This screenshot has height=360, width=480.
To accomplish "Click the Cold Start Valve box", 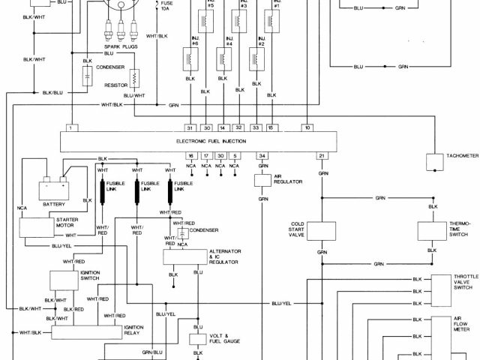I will pos(322,230).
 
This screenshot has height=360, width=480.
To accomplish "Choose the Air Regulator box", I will pos(263,181).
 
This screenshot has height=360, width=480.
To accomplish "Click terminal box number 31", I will pos(190,127).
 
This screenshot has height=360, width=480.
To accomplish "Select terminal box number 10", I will pos(307,127).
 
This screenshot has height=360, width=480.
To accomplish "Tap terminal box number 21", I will pos(322,155).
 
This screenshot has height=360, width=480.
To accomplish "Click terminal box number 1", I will pos(70,127).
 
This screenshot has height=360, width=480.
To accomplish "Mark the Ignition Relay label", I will pos(135,331).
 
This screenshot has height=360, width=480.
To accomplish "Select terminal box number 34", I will pos(262,155).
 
